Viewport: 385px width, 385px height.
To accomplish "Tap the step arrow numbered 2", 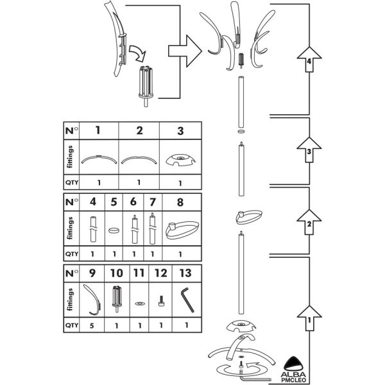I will pyautogui.click(x=309, y=224).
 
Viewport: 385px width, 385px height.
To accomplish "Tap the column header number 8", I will pyautogui.click(x=179, y=201).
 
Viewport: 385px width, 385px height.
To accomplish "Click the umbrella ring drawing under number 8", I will pyautogui.click(x=179, y=228).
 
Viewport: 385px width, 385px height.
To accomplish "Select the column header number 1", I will pyautogui.click(x=98, y=130).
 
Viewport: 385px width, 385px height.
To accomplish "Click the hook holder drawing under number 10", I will pyautogui.click(x=117, y=298).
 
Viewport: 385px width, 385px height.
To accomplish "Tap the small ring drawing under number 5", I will pyautogui.click(x=114, y=228).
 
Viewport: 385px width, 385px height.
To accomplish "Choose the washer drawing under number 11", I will pyautogui.click(x=139, y=302).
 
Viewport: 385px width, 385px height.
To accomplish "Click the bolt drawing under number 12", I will pyautogui.click(x=161, y=300).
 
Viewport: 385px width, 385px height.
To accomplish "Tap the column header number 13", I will pyautogui.click(x=185, y=273).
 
